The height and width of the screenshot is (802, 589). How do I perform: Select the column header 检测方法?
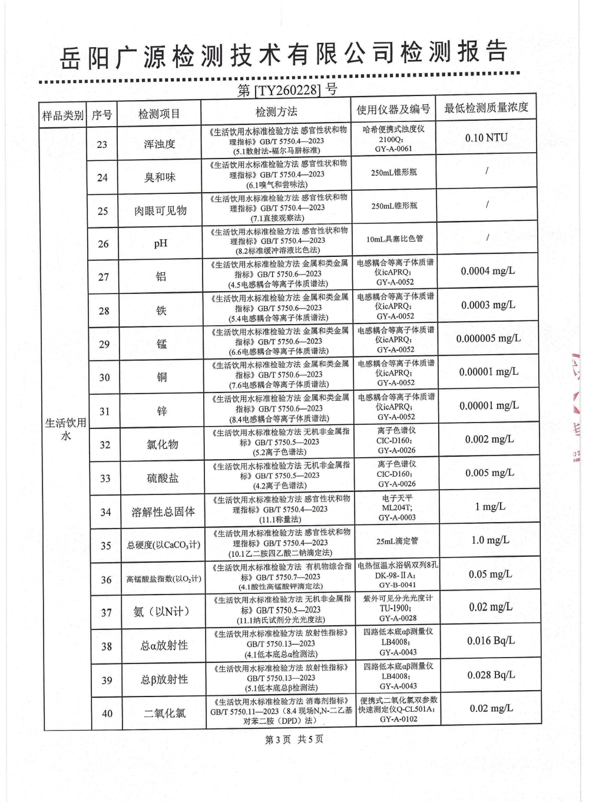click(276, 112)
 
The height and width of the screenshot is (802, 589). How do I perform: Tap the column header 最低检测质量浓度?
click(486, 108)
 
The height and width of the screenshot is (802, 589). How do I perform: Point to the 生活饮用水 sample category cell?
click(65, 428)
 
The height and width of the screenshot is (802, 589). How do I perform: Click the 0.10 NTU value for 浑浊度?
click(486, 138)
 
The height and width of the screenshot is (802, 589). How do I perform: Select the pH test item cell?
click(160, 243)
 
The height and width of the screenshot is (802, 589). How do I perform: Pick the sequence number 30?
click(104, 378)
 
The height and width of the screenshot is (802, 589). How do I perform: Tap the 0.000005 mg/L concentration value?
click(488, 339)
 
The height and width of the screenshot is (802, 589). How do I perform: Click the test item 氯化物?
click(162, 445)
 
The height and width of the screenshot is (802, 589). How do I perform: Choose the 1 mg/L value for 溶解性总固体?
click(490, 507)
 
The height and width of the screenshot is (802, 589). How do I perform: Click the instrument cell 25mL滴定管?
click(397, 541)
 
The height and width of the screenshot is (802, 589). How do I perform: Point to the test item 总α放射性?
click(164, 646)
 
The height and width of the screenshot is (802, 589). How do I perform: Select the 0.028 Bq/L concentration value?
click(491, 675)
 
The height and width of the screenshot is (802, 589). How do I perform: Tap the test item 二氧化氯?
click(164, 713)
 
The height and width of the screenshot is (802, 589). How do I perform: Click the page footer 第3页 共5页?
click(294, 739)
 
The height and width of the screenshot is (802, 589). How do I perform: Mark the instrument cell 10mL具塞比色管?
click(395, 239)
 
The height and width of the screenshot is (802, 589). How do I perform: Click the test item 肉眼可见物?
click(160, 210)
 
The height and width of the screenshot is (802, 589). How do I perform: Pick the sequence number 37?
click(106, 613)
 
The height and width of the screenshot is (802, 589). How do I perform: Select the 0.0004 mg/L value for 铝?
click(488, 271)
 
